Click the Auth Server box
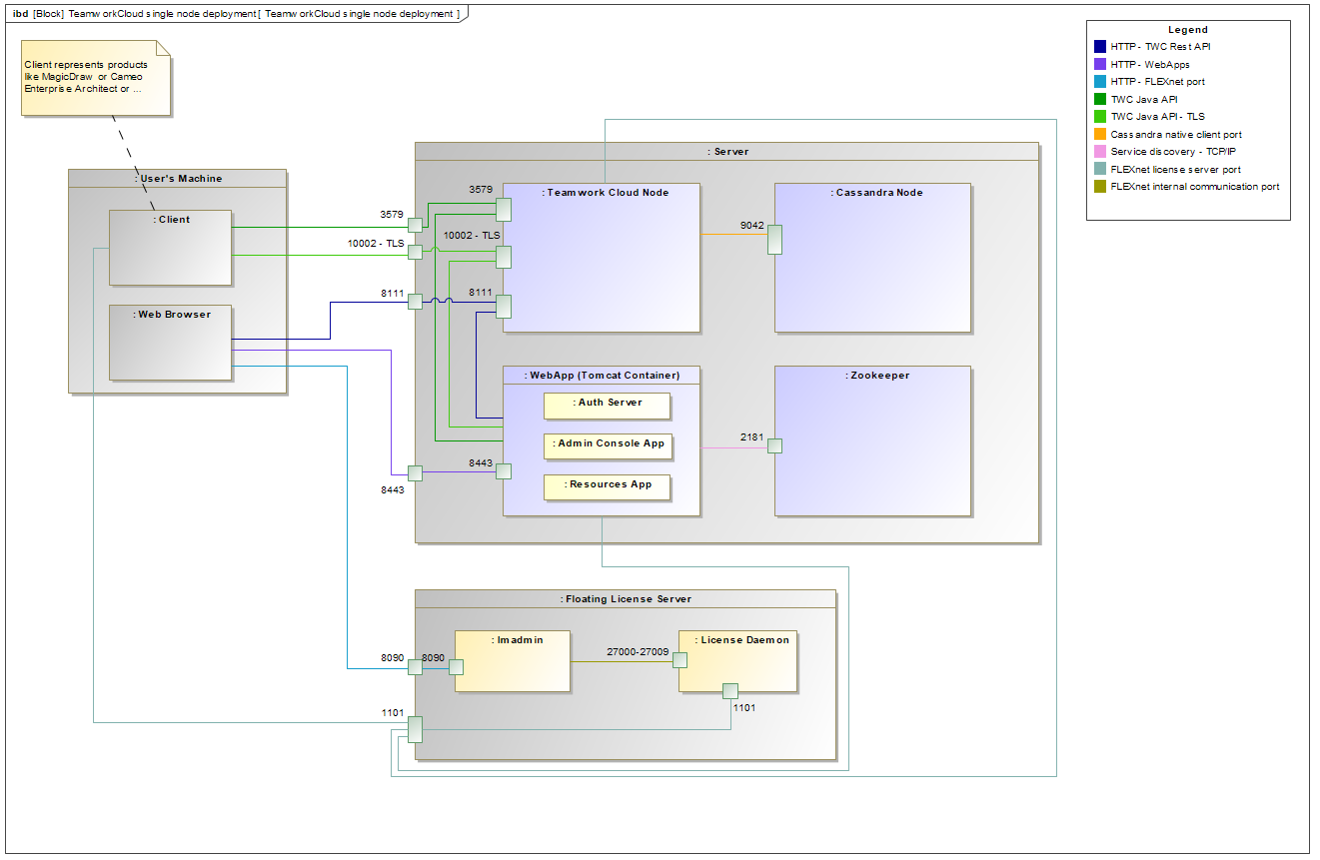click(x=607, y=406)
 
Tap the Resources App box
click(x=607, y=487)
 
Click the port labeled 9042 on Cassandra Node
click(x=774, y=240)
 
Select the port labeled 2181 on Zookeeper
click(x=774, y=446)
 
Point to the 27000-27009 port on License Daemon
click(x=679, y=660)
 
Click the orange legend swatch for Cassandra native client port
click(x=1100, y=134)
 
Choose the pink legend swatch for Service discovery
click(x=1100, y=152)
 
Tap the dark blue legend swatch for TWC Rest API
click(x=1100, y=46)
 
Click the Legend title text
click(x=1188, y=30)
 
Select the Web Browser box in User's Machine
click(x=171, y=343)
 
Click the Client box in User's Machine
click(x=171, y=248)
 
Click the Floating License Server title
click(x=627, y=599)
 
